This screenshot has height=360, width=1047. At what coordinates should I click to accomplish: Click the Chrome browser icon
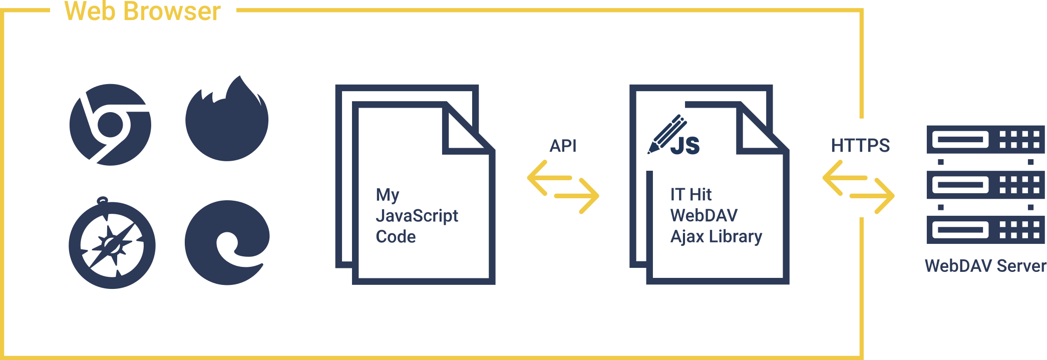(110, 124)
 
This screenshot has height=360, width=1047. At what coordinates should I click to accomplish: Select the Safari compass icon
(112, 244)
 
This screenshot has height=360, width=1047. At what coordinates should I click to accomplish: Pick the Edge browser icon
(227, 243)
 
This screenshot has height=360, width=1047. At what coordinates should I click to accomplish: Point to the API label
(563, 146)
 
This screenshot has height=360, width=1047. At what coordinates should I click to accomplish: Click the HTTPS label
(860, 146)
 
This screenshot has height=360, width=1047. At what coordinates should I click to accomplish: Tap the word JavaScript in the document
(417, 216)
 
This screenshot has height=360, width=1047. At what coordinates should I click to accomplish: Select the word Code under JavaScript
(396, 236)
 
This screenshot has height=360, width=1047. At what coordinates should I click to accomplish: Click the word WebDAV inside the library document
(704, 215)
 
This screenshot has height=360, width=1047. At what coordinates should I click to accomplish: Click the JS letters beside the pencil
(685, 145)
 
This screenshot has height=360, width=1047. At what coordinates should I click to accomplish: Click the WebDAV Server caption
(985, 265)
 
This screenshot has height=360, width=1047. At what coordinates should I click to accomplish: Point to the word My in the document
(387, 195)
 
